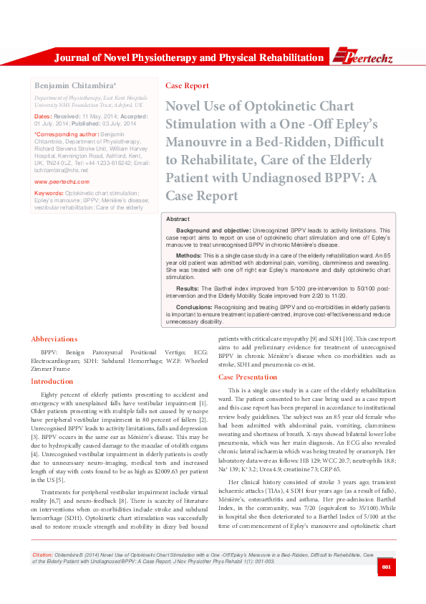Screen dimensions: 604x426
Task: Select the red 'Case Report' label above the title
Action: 187,85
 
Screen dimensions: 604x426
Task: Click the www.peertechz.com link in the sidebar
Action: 62,181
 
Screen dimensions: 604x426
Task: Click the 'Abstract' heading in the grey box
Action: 178,218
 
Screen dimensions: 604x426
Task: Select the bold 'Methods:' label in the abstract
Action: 189,255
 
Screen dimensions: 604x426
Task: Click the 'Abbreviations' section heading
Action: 54,339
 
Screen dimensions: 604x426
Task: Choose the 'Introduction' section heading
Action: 52,381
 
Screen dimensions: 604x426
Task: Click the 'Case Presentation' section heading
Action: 247,377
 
